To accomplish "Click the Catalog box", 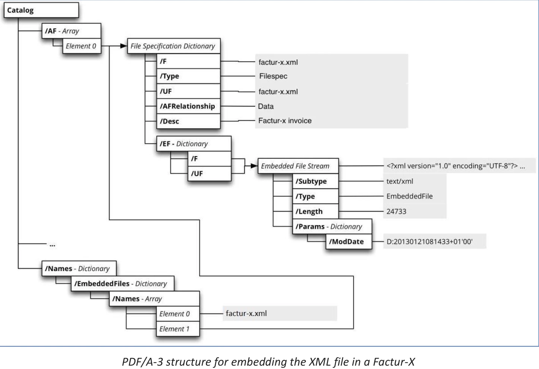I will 41,10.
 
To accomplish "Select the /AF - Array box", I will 71,31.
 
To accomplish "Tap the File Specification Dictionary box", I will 173,46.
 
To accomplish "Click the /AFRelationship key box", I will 188,106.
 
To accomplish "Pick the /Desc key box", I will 188,121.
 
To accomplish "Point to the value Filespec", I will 273,76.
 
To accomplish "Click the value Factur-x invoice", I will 285,121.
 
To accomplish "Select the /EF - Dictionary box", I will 193,144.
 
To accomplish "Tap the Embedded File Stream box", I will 298,166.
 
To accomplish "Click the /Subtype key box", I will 315,182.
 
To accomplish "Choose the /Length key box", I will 315,211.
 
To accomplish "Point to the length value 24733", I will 396,211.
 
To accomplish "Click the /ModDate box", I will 349,242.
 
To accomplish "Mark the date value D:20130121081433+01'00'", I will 429,242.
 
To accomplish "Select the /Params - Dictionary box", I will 332,227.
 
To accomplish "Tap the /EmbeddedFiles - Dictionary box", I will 122,284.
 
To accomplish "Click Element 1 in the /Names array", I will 177,329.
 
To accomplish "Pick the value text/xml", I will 400,182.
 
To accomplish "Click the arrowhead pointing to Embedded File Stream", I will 254,166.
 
